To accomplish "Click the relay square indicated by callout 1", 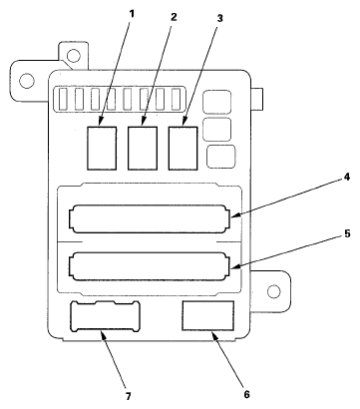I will [103, 147].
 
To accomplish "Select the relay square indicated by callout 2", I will [143, 147].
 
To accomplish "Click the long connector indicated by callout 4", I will [152, 216].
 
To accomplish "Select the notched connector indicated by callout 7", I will [105, 318].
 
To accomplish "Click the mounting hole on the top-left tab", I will [27, 80].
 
